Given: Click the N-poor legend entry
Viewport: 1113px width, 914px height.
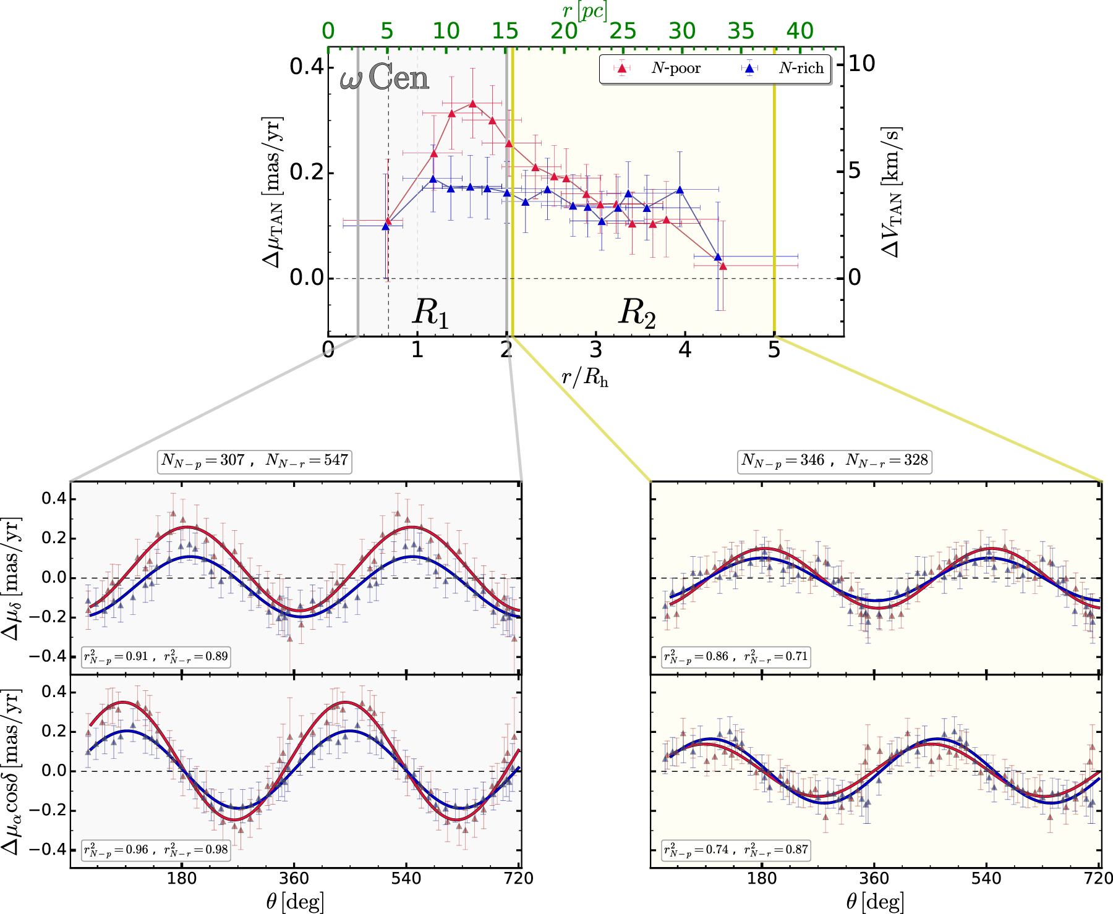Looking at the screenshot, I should (657, 69).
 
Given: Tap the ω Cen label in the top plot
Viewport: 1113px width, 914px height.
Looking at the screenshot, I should (384, 78).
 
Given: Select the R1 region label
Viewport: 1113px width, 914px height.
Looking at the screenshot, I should (430, 312).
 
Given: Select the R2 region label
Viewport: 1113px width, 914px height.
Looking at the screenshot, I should (637, 312).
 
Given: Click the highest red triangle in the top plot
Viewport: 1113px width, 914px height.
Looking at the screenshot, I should (473, 104).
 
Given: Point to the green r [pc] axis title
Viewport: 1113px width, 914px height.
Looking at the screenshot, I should (584, 11).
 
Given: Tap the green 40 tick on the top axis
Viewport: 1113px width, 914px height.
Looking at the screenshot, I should (800, 31).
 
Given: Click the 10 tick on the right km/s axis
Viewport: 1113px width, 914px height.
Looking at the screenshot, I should (861, 64).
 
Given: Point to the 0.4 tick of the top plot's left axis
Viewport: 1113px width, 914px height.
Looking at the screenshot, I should (307, 66).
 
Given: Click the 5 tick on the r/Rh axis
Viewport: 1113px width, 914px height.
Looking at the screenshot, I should (774, 350).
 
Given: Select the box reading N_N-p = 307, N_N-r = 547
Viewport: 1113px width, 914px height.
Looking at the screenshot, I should (255, 460).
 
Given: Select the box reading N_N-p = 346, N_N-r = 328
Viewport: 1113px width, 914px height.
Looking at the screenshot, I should (835, 460).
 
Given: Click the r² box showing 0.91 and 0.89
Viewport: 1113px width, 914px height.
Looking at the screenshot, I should (156, 656).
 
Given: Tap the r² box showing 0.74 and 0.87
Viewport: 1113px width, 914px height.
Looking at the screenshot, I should (736, 850).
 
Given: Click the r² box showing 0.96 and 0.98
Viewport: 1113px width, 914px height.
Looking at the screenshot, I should (156, 850).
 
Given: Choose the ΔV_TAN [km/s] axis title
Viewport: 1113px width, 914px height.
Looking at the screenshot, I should (891, 192).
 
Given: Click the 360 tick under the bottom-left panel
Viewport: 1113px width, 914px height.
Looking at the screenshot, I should (294, 878).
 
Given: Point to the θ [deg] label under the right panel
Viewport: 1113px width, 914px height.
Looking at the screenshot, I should (874, 902).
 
